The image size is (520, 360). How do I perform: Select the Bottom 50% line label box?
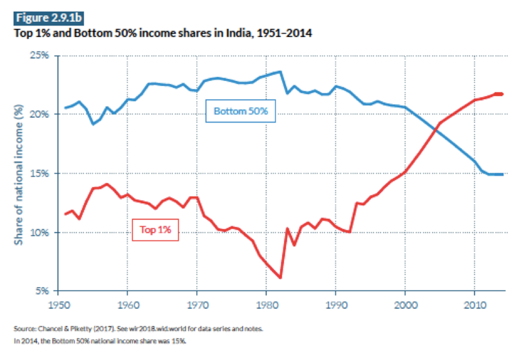pyautogui.click(x=240, y=111)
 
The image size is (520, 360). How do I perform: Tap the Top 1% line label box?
pyautogui.click(x=155, y=230)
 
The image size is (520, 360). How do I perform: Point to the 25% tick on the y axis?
pyautogui.click(x=40, y=55)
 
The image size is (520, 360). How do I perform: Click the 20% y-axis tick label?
pyautogui.click(x=40, y=114)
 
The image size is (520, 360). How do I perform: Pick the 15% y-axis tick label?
pyautogui.click(x=40, y=173)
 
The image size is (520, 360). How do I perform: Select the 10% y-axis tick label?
pyautogui.click(x=40, y=232)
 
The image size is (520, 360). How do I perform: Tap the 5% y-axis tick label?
pyautogui.click(x=42, y=291)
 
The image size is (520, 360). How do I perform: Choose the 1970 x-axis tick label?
pyautogui.click(x=197, y=304)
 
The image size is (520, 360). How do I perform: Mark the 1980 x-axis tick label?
pyautogui.click(x=266, y=304)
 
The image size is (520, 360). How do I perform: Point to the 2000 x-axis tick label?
pyautogui.click(x=405, y=304)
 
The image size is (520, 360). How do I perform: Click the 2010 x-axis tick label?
pyautogui.click(x=474, y=304)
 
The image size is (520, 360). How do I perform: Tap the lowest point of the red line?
pyautogui.click(x=280, y=278)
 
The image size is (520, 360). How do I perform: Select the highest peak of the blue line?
pyautogui.click(x=280, y=72)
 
